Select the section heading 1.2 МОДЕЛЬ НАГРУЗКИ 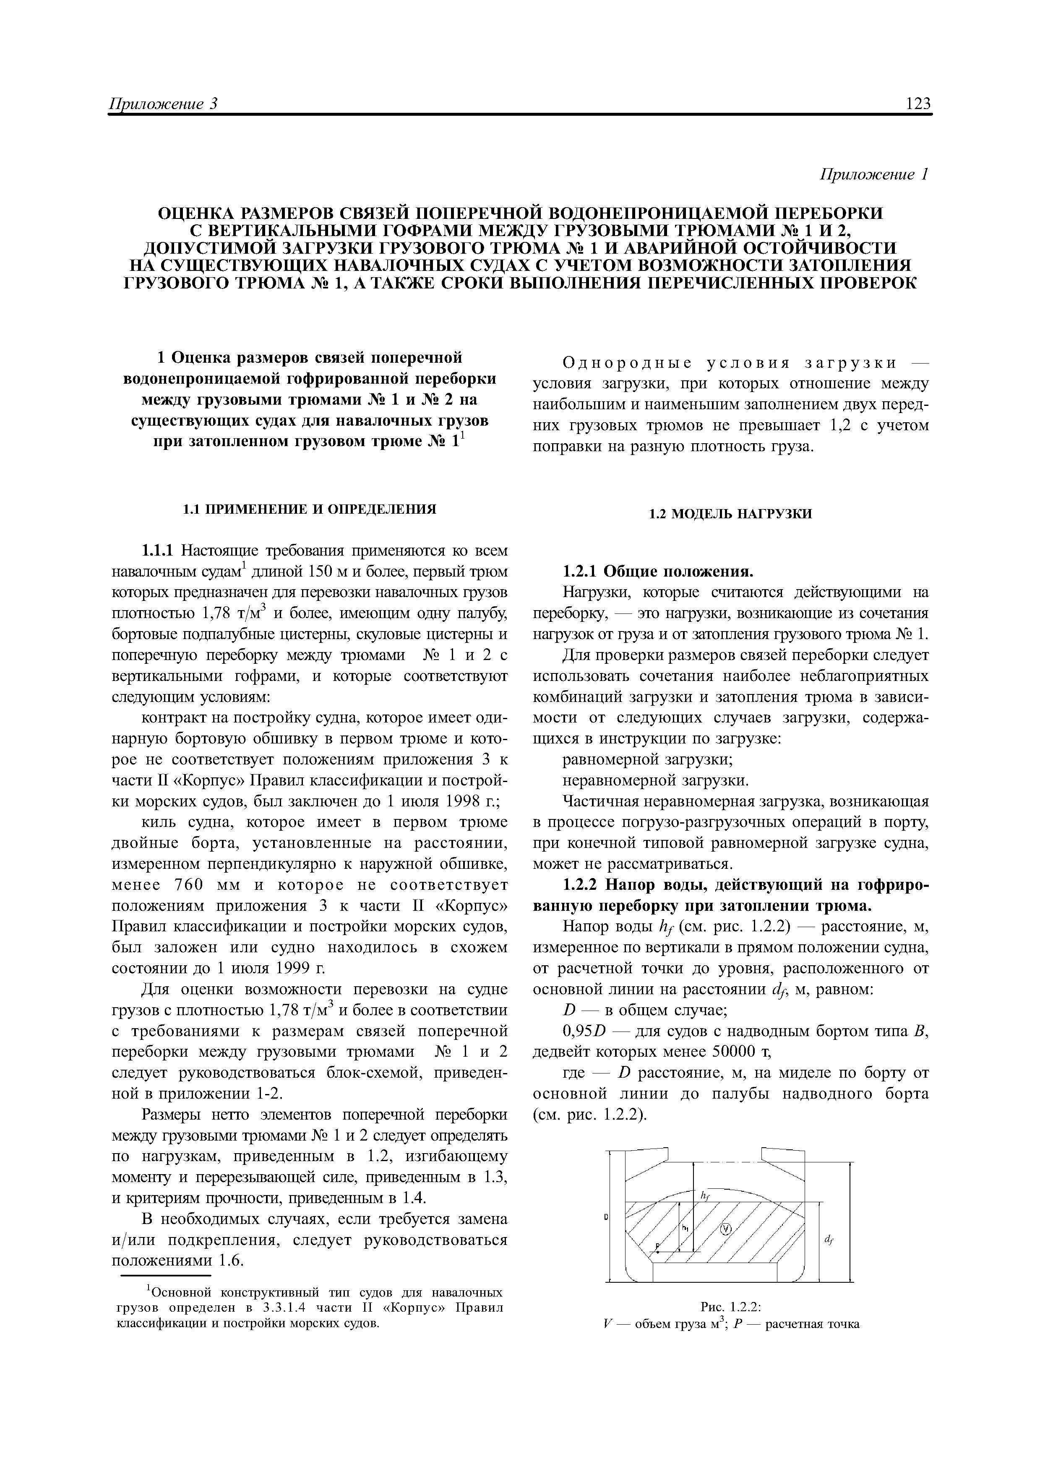point(730,514)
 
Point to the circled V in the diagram point(726,1229)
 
